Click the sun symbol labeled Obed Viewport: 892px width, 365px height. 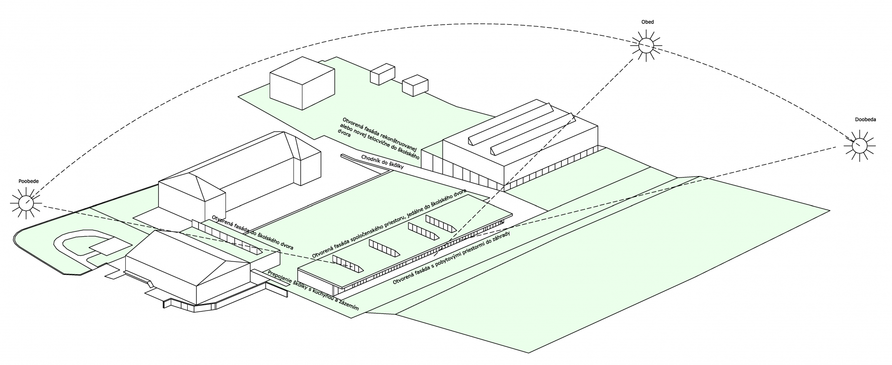click(x=647, y=45)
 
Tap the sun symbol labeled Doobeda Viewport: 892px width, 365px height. click(x=860, y=145)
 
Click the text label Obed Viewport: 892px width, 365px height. click(x=648, y=22)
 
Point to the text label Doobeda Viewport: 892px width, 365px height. click(x=865, y=119)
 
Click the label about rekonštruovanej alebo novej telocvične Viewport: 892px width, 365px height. click(x=379, y=136)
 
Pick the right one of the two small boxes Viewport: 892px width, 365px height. click(x=416, y=84)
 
